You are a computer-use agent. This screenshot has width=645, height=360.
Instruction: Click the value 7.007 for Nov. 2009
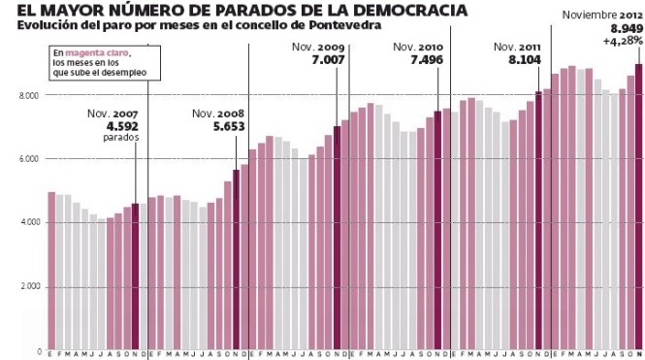[322, 59]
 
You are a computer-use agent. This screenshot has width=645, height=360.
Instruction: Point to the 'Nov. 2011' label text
[517, 47]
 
